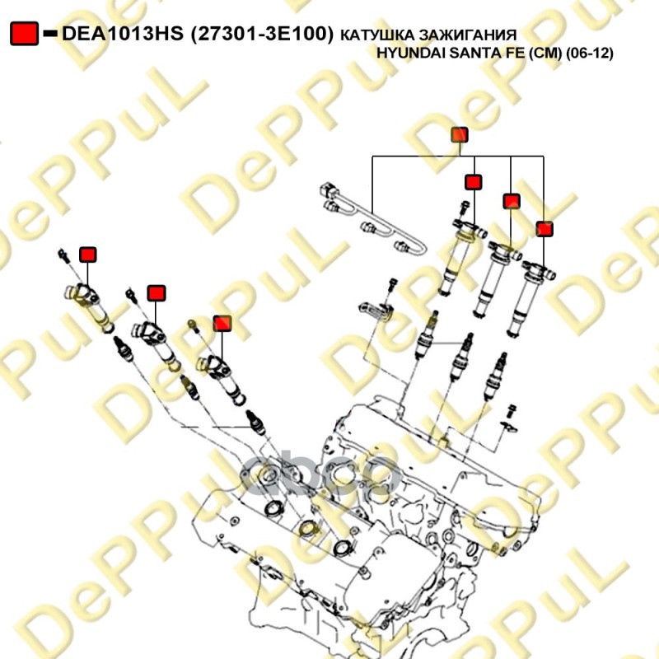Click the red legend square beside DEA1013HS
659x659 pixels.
[x=25, y=34]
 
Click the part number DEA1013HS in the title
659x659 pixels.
[x=123, y=34]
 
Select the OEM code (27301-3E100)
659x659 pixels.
[x=262, y=34]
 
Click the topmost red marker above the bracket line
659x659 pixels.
[x=460, y=135]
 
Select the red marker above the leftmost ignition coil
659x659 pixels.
[x=88, y=255]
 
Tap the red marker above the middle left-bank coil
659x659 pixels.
[x=157, y=293]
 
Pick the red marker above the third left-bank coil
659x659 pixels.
[x=222, y=323]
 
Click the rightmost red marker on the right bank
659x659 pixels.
[x=544, y=229]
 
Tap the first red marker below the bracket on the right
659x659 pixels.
[x=473, y=182]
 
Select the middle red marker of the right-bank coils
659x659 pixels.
[x=512, y=201]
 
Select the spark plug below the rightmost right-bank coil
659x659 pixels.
[x=494, y=377]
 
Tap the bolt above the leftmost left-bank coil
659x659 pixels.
[x=64, y=256]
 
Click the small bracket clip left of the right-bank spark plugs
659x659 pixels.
[x=376, y=311]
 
